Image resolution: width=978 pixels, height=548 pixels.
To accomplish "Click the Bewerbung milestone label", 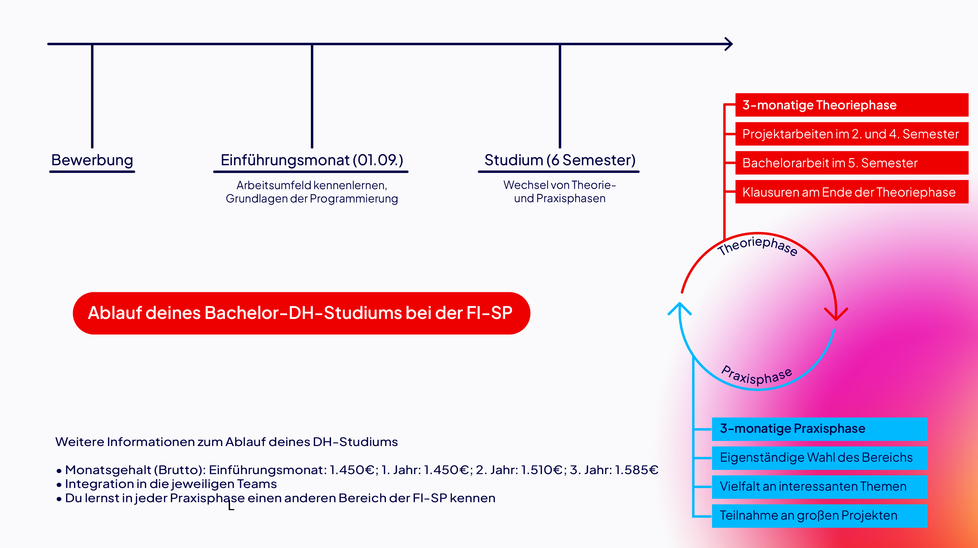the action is (x=92, y=160).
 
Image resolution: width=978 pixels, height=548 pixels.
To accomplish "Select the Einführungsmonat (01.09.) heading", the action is (x=312, y=160).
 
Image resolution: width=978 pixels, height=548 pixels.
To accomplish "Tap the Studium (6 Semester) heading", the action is (x=560, y=160).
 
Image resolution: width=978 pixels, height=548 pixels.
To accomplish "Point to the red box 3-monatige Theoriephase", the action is (x=852, y=105).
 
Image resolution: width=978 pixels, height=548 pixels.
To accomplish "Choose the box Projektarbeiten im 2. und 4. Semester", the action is (x=852, y=134).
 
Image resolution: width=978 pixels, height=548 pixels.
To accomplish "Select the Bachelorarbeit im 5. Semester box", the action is (x=852, y=163).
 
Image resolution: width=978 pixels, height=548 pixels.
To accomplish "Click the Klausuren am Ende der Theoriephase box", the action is (x=852, y=192).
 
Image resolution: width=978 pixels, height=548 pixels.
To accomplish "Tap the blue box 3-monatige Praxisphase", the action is (x=819, y=429).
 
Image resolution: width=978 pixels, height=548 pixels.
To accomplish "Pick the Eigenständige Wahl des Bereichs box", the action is (x=819, y=458).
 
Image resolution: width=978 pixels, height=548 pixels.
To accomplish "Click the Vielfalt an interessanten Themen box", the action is (x=819, y=487).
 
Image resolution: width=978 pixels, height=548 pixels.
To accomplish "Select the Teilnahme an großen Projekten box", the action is (x=819, y=516).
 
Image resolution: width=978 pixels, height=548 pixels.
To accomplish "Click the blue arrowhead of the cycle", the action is (x=679, y=309).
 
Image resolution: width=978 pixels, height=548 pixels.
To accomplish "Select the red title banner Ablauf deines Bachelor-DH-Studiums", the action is (x=301, y=313).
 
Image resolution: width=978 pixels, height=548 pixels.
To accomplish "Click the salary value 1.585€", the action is (x=636, y=470).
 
